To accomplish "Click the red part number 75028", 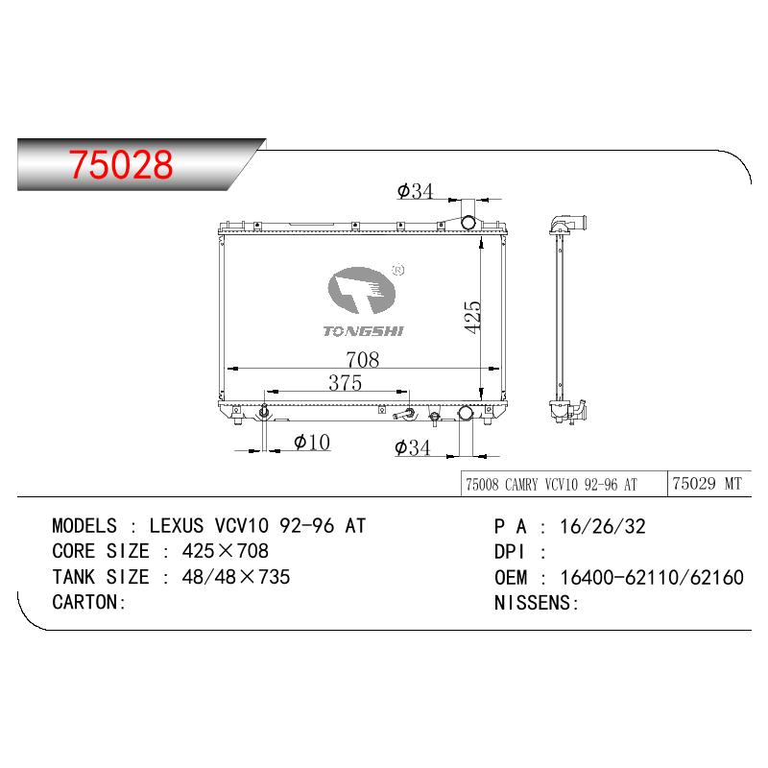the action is tap(121, 164).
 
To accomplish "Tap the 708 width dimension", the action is tap(363, 359).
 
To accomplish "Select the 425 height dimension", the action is tap(473, 317).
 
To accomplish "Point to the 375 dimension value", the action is tap(346, 382).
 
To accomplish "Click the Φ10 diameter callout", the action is tap(312, 443).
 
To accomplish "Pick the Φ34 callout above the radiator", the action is tap(416, 191).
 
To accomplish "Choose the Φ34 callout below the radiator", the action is tap(413, 447).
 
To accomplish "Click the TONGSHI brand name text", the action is tap(363, 331).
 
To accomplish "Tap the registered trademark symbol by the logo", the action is tap(398, 270).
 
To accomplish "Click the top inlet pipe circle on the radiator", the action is tap(468, 223).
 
